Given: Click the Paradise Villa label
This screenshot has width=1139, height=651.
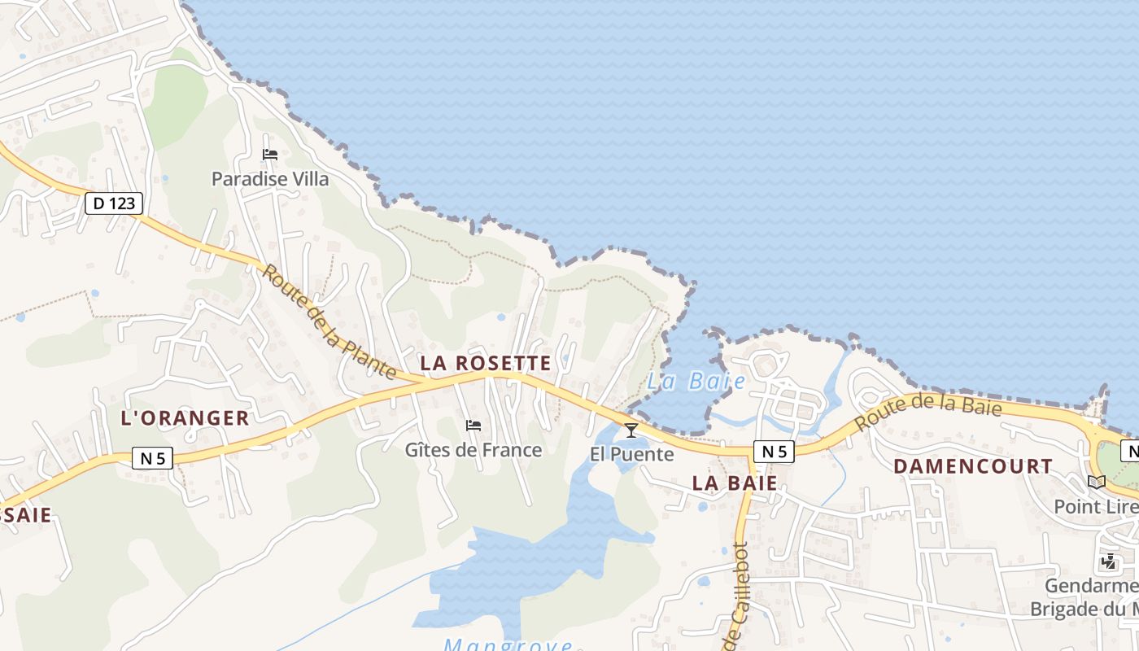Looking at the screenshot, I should (x=270, y=179).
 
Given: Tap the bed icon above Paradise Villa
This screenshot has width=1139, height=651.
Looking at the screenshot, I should (x=270, y=154).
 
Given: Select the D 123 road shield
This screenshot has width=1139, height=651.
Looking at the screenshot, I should (x=114, y=203).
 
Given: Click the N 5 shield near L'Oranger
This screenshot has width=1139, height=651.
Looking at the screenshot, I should (x=152, y=458).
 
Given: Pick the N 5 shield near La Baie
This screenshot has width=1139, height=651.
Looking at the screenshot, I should (x=773, y=452).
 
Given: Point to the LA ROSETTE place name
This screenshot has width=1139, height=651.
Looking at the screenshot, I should (x=486, y=364).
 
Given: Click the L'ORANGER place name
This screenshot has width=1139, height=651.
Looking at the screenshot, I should (x=185, y=418).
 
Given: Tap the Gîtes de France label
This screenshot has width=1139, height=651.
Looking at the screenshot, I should (x=473, y=450).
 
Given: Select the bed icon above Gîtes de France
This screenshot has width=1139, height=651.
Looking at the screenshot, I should (x=473, y=425).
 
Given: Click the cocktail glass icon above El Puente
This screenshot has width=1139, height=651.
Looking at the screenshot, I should (x=631, y=430).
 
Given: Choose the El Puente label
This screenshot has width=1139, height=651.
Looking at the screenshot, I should (x=632, y=454).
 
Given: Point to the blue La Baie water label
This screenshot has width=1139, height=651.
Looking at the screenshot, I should (x=696, y=381).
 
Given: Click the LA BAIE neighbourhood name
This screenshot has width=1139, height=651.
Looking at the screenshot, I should (x=735, y=483).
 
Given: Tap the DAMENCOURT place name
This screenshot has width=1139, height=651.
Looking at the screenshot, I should (x=973, y=466).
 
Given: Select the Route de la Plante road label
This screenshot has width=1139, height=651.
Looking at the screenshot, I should (x=329, y=323).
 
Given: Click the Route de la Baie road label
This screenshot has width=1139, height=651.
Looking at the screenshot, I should (x=928, y=409).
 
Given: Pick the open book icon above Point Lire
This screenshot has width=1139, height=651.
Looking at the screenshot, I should (x=1097, y=482).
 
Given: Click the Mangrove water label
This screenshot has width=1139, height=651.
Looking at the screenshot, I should (x=508, y=644).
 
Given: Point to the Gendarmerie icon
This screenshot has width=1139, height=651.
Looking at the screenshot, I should (x=1108, y=561).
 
